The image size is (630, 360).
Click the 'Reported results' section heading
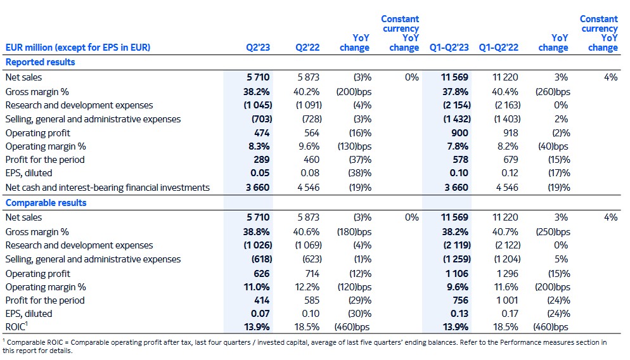point(41,62)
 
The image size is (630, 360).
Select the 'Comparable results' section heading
point(46,203)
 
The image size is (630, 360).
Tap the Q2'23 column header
point(258,48)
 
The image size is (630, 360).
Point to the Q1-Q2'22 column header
point(498,48)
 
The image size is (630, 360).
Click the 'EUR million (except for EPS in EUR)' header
point(78,48)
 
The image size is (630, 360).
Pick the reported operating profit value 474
point(261,133)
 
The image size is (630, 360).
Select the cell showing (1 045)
point(257,105)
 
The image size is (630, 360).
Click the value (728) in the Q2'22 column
point(309,119)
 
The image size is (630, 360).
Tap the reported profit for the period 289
point(261,160)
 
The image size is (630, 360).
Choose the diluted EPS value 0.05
point(260,173)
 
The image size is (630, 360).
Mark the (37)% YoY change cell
point(359,160)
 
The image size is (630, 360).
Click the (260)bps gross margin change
point(553,91)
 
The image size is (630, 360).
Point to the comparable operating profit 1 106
point(456,274)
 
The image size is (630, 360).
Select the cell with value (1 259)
point(455,259)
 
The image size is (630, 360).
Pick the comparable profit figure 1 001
point(506,300)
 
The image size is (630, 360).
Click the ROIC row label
point(18,327)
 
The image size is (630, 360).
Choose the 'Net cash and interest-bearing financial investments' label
point(107,188)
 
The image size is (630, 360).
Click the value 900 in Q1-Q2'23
point(460,133)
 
